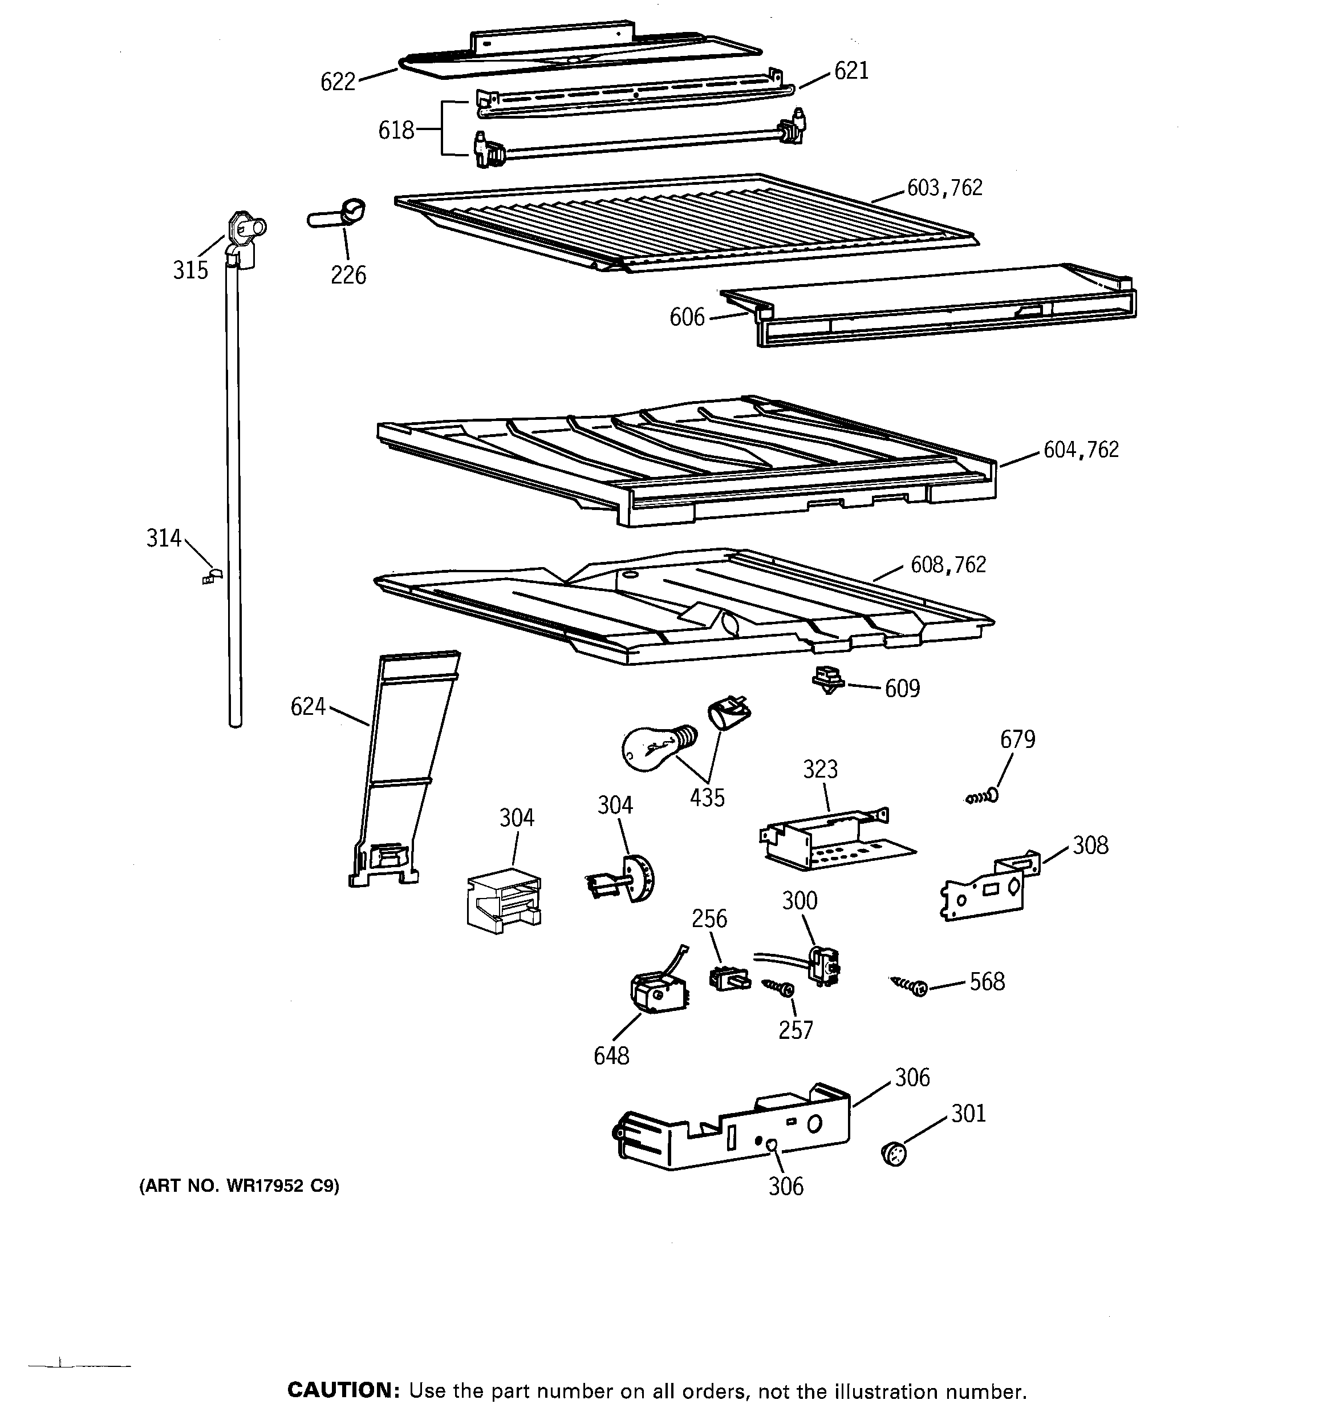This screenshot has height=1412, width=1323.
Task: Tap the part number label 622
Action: tap(338, 82)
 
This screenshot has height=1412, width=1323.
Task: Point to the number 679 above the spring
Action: tap(1017, 739)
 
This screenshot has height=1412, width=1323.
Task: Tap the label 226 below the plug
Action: tap(348, 275)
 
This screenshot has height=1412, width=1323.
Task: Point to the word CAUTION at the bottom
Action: tap(339, 1390)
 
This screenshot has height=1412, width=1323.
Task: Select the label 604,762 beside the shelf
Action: tap(1080, 450)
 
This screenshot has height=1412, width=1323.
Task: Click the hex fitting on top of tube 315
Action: tap(245, 228)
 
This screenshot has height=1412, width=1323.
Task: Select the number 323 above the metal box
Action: tap(820, 769)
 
